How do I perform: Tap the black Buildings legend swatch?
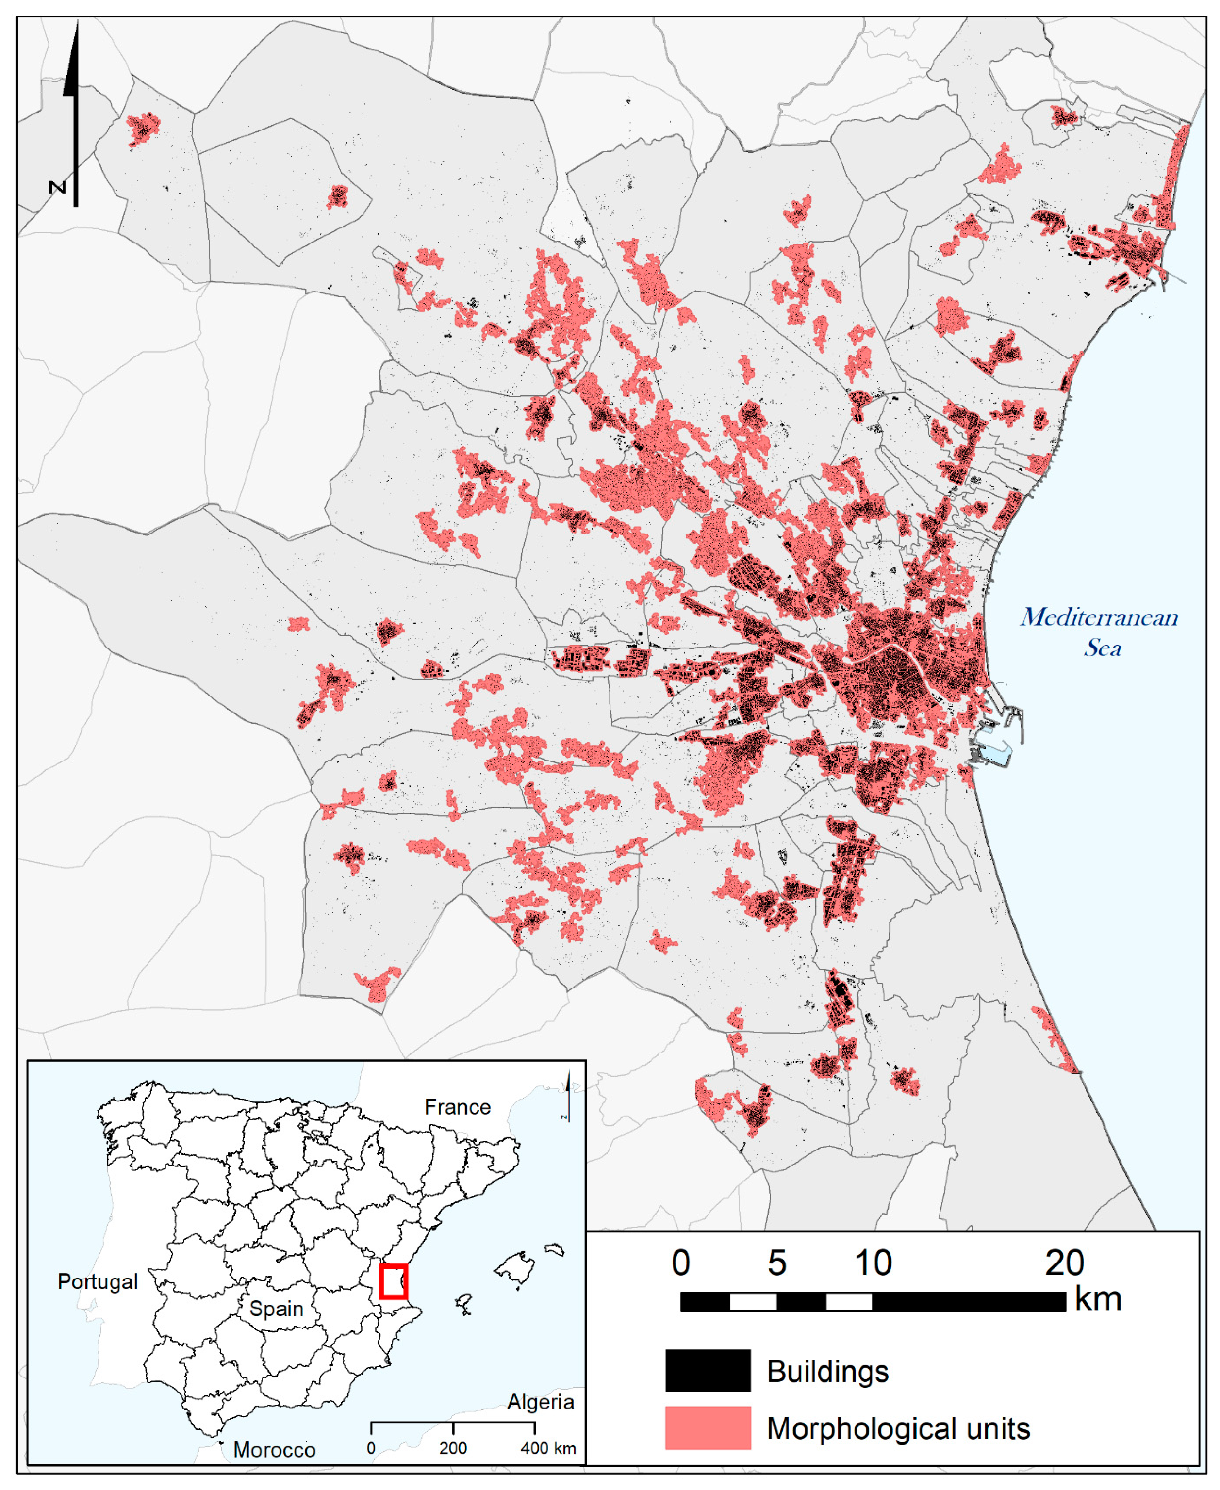point(708,1371)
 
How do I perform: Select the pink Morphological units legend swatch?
point(708,1427)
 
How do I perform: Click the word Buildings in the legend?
point(827,1371)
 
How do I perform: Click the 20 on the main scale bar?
point(1064,1263)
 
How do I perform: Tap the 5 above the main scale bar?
point(776,1263)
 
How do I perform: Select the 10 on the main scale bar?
point(873,1263)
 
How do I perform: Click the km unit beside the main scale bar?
point(1098,1299)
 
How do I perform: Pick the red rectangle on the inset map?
point(393,1281)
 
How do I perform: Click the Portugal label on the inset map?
point(98,1281)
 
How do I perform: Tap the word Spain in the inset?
point(276,1309)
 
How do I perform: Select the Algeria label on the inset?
point(541,1402)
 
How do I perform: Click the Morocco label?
point(274,1449)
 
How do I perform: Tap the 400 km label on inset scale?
point(547,1448)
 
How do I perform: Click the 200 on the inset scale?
point(453,1448)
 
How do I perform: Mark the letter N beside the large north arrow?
point(57,187)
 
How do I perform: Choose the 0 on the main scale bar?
point(680,1263)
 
